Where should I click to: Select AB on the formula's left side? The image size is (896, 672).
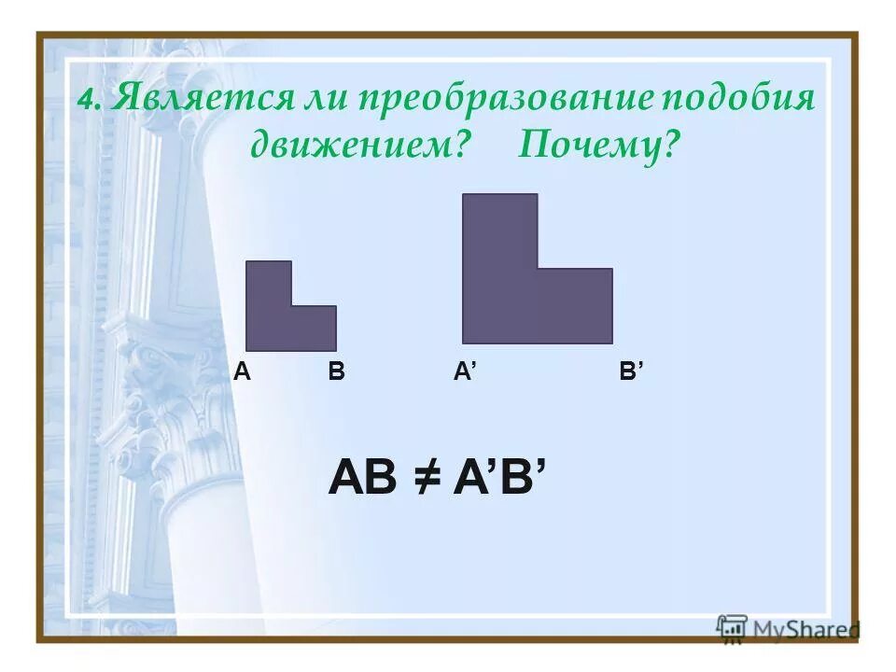(x=364, y=479)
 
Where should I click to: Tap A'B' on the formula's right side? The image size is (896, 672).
(x=497, y=479)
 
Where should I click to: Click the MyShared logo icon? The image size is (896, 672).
(x=732, y=627)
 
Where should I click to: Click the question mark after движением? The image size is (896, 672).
(x=458, y=145)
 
